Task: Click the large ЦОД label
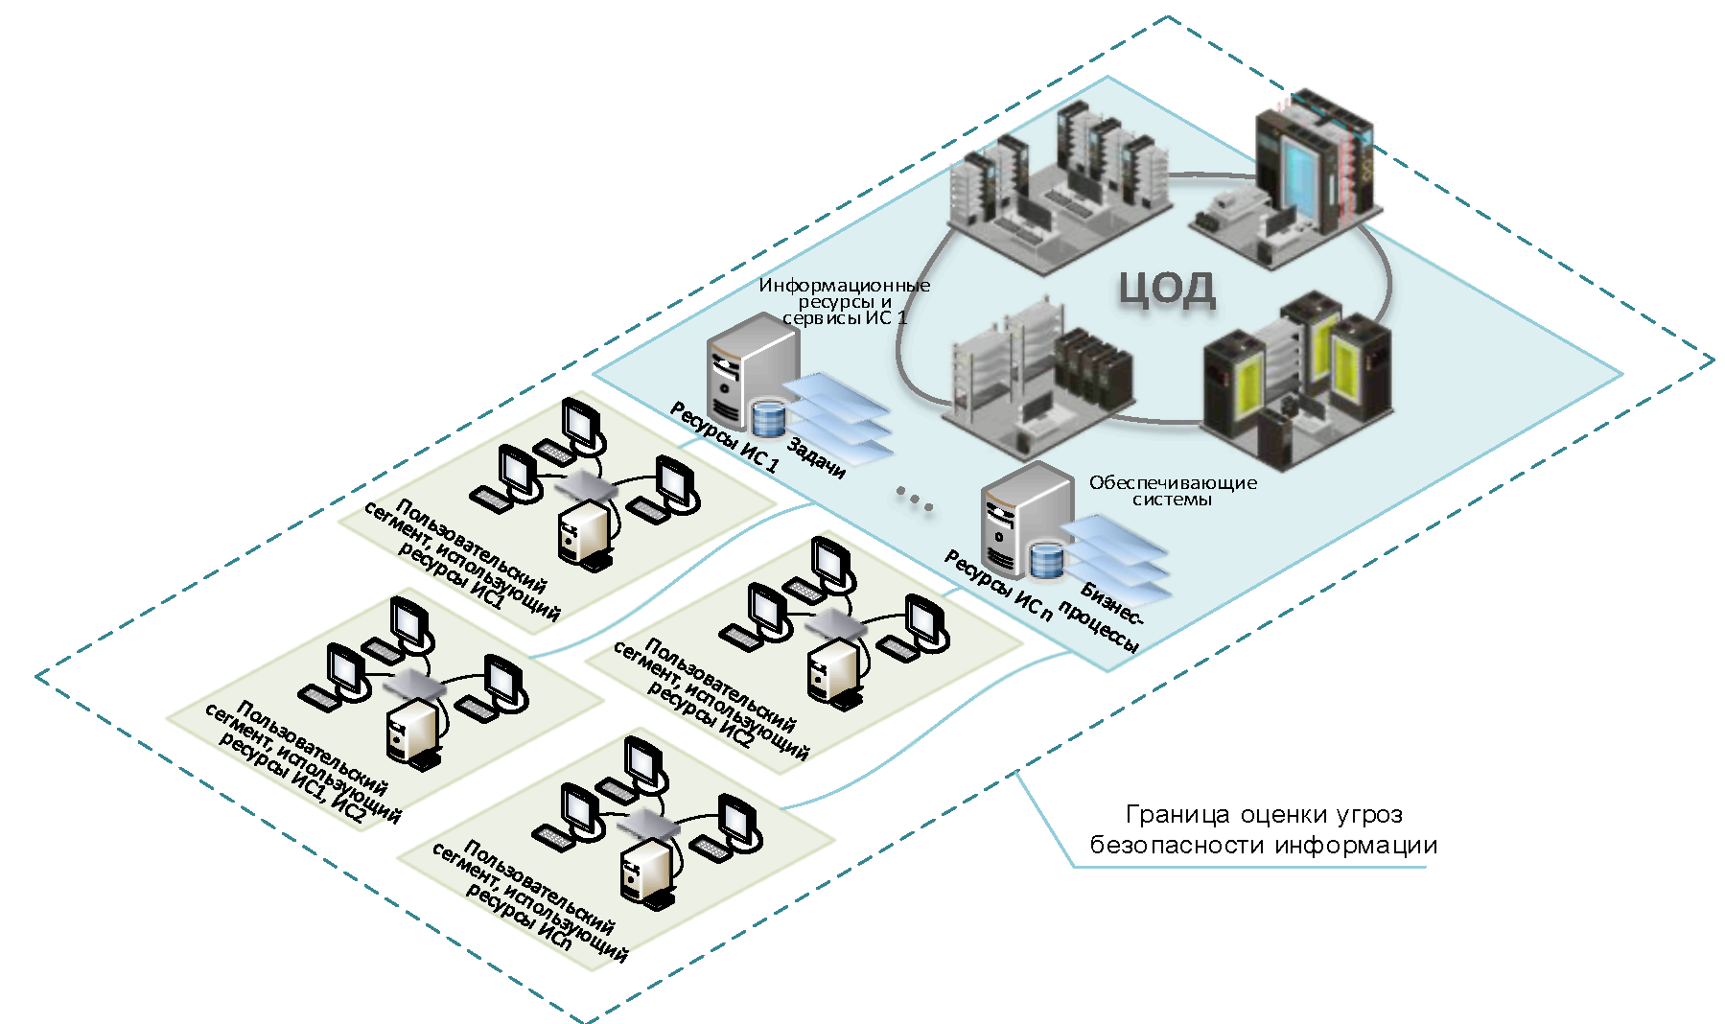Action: click(1167, 289)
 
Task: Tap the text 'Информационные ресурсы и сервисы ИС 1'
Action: click(844, 302)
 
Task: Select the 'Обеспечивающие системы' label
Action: click(1172, 491)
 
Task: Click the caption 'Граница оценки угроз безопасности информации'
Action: click(1263, 830)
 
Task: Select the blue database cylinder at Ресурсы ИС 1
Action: click(768, 418)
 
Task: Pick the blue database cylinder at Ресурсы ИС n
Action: click(1046, 561)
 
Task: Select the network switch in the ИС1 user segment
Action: click(587, 487)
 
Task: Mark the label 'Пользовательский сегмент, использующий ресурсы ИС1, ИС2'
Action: click(301, 762)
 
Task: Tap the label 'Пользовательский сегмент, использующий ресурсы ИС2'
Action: click(709, 700)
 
